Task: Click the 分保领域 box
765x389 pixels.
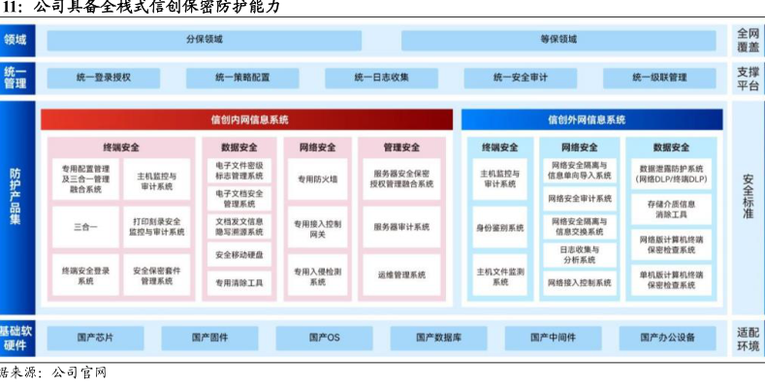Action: pyautogui.click(x=205, y=40)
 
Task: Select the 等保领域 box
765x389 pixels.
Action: pyautogui.click(x=558, y=40)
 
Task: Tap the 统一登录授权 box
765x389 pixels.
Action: pyautogui.click(x=104, y=77)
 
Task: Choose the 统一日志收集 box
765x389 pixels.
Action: pyautogui.click(x=381, y=77)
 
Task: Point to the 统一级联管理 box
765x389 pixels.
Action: pyautogui.click(x=659, y=77)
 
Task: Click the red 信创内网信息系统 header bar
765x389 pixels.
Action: pyautogui.click(x=248, y=120)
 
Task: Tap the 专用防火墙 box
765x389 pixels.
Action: pyautogui.click(x=317, y=178)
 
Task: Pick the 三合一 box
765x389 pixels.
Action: pyautogui.click(x=85, y=227)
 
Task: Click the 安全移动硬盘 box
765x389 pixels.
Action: pyautogui.click(x=239, y=255)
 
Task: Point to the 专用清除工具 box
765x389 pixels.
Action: pyautogui.click(x=239, y=283)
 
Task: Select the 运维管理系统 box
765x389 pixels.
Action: pyautogui.click(x=401, y=275)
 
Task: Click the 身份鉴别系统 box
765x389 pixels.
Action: pyautogui.click(x=500, y=227)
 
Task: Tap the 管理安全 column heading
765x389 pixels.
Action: pyautogui.click(x=401, y=147)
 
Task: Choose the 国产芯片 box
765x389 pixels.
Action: pyautogui.click(x=95, y=338)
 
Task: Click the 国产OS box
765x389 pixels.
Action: pyautogui.click(x=326, y=338)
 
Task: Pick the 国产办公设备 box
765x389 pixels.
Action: pyautogui.click(x=667, y=338)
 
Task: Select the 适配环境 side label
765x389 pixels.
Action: pyautogui.click(x=747, y=338)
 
